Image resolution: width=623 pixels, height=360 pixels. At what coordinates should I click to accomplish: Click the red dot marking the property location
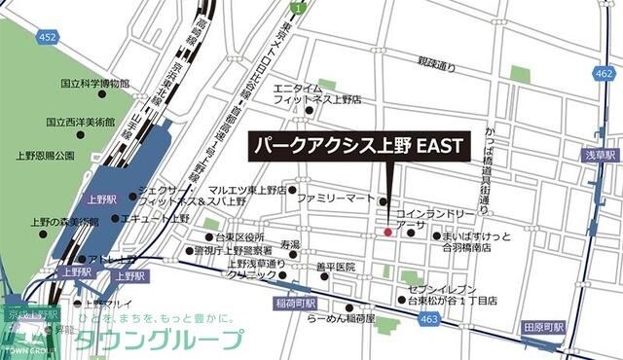[387, 233]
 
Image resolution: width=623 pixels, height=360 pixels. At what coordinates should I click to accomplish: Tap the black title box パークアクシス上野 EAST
[357, 147]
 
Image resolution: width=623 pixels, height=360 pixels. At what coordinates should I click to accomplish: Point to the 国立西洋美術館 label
[82, 123]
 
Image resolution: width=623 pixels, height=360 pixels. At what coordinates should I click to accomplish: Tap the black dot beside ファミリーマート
[382, 201]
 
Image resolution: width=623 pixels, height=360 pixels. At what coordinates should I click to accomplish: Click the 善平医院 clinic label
[336, 267]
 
